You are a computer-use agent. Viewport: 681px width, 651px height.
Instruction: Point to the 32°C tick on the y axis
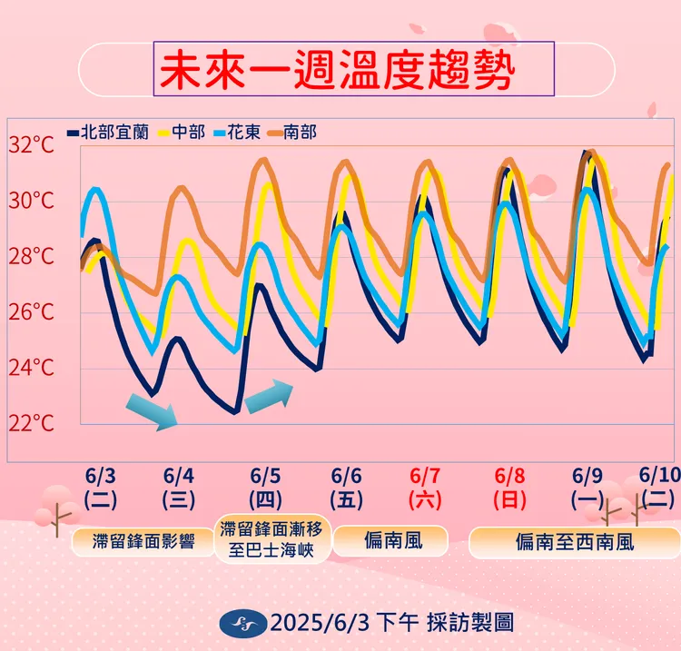(x=32, y=145)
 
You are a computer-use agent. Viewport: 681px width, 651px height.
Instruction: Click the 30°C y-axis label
(x=32, y=201)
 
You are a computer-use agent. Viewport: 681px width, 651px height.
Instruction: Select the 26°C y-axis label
(x=32, y=312)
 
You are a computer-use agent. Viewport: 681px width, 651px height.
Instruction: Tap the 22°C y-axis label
(x=32, y=423)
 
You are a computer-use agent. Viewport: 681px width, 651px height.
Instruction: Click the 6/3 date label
(x=100, y=477)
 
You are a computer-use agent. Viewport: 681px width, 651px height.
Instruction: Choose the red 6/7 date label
(x=425, y=477)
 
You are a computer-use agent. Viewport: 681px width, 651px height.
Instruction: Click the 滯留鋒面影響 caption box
(x=143, y=542)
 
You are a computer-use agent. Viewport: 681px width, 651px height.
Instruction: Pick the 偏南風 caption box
(x=391, y=542)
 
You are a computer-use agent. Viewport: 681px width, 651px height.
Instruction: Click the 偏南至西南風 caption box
(x=574, y=542)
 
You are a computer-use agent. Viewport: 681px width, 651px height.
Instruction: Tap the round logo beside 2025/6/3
(x=244, y=622)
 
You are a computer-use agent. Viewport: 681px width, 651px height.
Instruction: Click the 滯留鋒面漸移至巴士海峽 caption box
(x=273, y=540)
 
